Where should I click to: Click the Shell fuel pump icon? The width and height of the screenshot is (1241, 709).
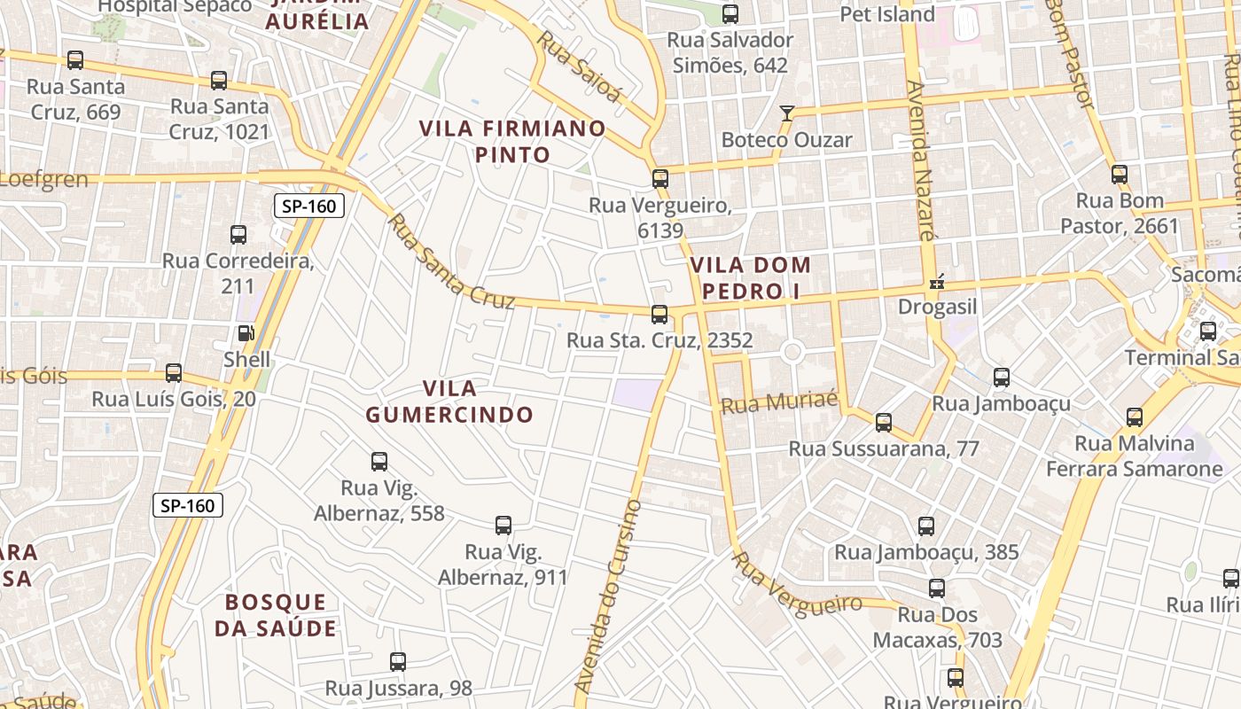click(246, 334)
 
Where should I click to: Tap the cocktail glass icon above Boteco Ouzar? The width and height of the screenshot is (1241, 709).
click(786, 113)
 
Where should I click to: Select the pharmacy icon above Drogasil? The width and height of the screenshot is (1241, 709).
click(936, 284)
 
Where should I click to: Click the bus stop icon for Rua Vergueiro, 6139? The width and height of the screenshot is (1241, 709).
click(660, 179)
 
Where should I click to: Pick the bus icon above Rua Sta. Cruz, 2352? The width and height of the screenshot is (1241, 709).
click(660, 314)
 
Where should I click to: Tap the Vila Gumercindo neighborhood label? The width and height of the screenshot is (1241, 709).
click(449, 401)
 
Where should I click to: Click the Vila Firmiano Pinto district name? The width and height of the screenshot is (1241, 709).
click(512, 142)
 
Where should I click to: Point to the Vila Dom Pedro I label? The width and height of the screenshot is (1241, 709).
click(751, 277)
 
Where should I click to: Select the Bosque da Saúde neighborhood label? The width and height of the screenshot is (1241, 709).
click(276, 615)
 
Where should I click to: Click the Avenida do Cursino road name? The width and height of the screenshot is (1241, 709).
click(609, 596)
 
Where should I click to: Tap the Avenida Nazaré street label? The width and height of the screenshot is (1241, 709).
click(922, 160)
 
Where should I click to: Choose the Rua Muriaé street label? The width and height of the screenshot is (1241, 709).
click(779, 404)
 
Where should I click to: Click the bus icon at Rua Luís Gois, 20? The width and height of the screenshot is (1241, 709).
click(174, 373)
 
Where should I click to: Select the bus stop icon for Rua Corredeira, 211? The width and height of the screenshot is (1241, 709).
click(238, 235)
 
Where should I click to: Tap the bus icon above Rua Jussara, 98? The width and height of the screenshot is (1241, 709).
click(398, 662)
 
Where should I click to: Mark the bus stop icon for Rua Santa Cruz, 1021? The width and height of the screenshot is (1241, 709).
click(219, 81)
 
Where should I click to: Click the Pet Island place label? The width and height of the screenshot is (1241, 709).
click(886, 14)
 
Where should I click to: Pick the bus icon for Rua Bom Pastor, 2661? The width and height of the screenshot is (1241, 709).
click(1120, 174)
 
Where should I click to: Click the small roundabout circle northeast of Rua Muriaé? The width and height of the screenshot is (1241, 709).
click(792, 353)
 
